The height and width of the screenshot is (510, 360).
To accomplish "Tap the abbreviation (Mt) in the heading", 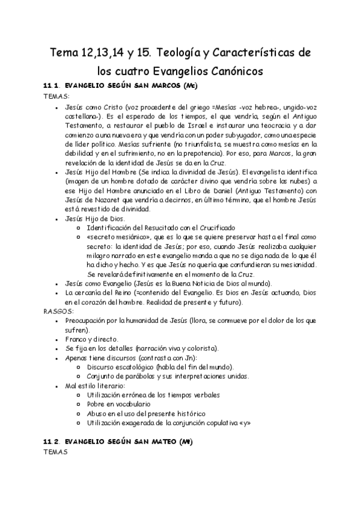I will tap(186, 441).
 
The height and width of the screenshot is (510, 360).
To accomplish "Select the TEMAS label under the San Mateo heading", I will tap(57, 451).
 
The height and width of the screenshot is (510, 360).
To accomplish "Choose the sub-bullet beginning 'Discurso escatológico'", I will tap(160, 367).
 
